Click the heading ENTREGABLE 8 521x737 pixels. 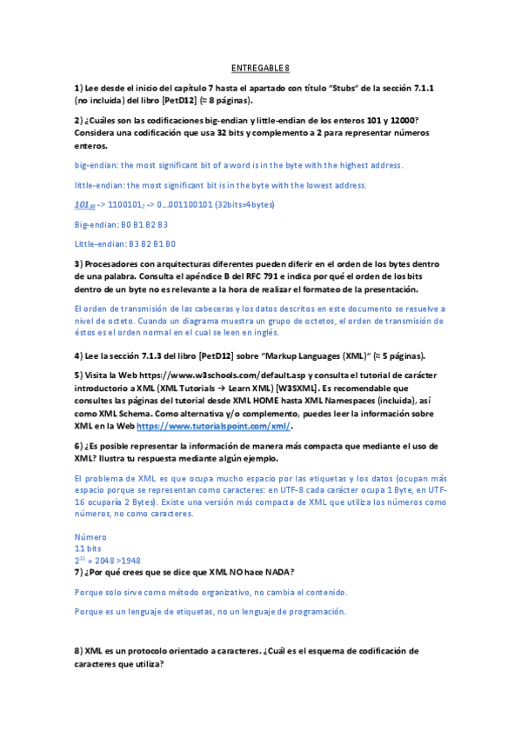tap(260, 68)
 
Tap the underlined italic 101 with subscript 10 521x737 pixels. tap(84, 204)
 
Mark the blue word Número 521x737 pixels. tap(91, 536)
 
